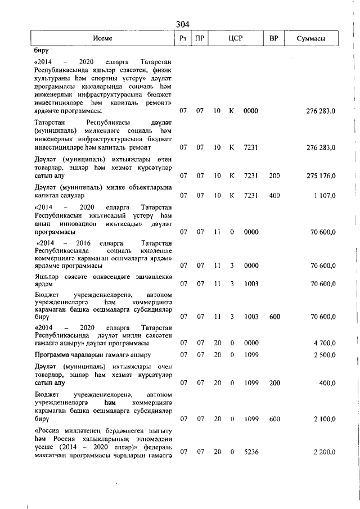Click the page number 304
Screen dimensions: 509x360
(182, 24)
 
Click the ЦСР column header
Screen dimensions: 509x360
(235, 38)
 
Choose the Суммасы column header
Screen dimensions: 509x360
(312, 38)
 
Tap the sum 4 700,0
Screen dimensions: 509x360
(325, 343)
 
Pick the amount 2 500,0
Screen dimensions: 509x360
(325, 355)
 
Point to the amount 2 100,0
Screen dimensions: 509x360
(325, 419)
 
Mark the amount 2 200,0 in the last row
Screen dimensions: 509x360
(325, 452)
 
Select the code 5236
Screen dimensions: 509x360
(251, 452)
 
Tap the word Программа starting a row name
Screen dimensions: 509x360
(54, 355)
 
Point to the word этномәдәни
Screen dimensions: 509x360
(150, 439)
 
